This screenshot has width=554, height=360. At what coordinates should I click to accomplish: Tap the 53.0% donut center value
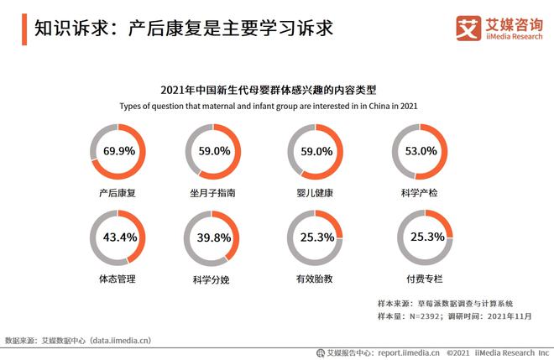coord(421,152)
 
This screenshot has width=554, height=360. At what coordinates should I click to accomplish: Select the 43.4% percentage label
coord(120,237)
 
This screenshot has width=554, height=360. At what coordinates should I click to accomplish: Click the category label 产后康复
coord(117,193)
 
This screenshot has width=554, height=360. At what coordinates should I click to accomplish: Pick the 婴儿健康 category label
coord(316,193)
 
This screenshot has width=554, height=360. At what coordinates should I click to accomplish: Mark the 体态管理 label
coord(117,278)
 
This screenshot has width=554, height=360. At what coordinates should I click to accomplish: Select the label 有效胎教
coord(316,279)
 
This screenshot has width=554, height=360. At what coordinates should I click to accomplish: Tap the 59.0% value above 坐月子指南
coord(213,152)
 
